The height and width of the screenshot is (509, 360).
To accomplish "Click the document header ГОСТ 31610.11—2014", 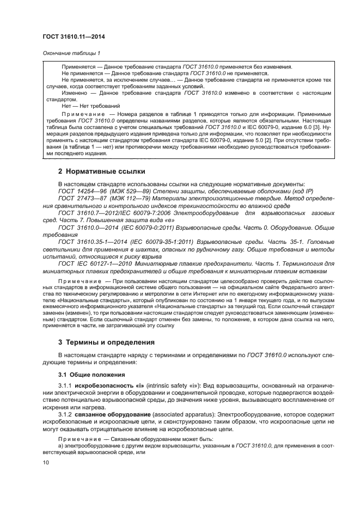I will [74, 36].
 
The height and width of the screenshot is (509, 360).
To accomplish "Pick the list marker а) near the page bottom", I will [60, 446].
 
